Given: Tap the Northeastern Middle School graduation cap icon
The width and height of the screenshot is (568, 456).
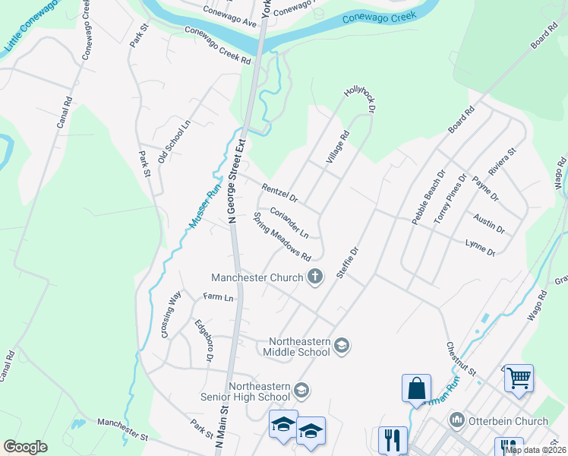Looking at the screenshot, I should point(341,347).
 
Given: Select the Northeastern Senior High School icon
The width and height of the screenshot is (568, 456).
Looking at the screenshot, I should point(301,391).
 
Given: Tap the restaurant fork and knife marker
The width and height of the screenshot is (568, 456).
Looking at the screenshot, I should point(393,439).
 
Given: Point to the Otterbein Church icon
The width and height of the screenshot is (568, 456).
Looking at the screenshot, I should point(456,420).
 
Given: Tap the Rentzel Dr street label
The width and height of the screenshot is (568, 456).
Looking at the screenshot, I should point(280,193).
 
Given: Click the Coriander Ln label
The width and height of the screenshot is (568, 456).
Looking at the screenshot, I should point(289,221).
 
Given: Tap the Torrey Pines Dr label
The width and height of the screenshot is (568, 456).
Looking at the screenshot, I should point(449,198).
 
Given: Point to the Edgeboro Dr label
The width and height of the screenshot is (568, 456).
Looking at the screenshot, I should point(204,340).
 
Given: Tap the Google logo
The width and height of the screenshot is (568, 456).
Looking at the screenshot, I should point(25,447).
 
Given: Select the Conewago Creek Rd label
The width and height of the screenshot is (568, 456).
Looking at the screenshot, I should point(217,46).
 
